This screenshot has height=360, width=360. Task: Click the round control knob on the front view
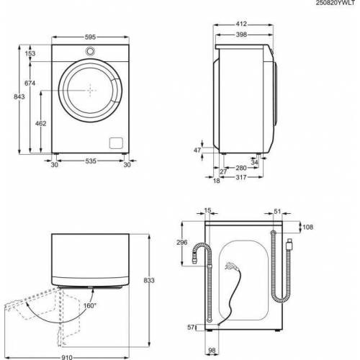click(91, 51)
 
